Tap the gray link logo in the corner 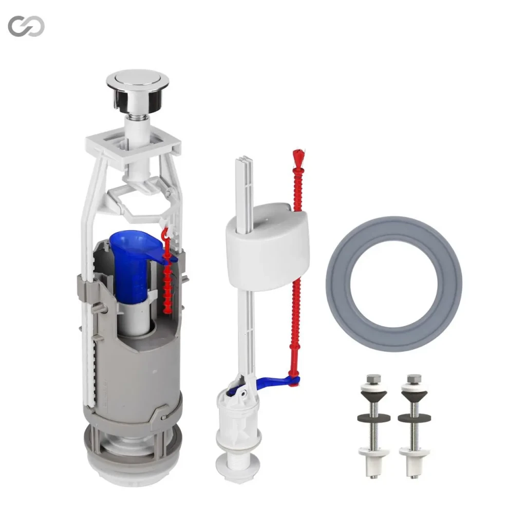coord(26,26)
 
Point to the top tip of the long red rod coord(298,154)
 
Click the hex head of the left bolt coord(374,379)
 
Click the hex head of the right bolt coord(414,379)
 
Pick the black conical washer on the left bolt coord(374,396)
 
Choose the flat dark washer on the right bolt coord(415,418)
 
